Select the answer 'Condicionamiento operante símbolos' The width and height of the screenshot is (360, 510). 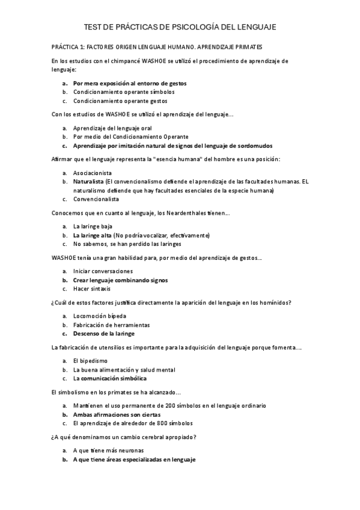click(x=124, y=92)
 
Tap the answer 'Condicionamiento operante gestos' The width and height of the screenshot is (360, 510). click(x=120, y=101)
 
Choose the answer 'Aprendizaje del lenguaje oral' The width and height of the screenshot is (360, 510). click(x=112, y=128)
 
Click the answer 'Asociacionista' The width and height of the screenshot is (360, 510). click(x=93, y=173)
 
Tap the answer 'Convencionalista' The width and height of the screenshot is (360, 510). click(x=96, y=199)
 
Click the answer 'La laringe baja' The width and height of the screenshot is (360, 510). click(x=93, y=226)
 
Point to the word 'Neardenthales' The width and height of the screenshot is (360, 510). click(x=183, y=213)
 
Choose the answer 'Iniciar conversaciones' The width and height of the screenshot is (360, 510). click(x=103, y=271)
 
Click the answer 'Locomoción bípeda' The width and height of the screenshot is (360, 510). click(x=100, y=316)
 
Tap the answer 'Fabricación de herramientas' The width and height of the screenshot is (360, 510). click(x=111, y=325)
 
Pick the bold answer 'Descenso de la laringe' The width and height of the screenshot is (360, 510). click(x=104, y=333)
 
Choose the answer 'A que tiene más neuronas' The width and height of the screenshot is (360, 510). click(x=108, y=450)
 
